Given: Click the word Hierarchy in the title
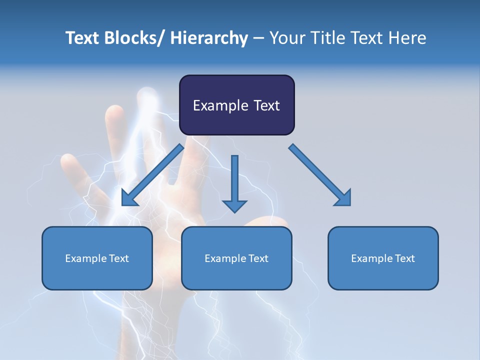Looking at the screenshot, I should [x=209, y=38].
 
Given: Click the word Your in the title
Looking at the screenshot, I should [x=287, y=38].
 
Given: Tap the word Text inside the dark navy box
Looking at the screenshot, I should [x=266, y=105].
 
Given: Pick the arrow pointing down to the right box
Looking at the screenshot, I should [x=320, y=175].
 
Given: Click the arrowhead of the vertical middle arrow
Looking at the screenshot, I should [x=234, y=205].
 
